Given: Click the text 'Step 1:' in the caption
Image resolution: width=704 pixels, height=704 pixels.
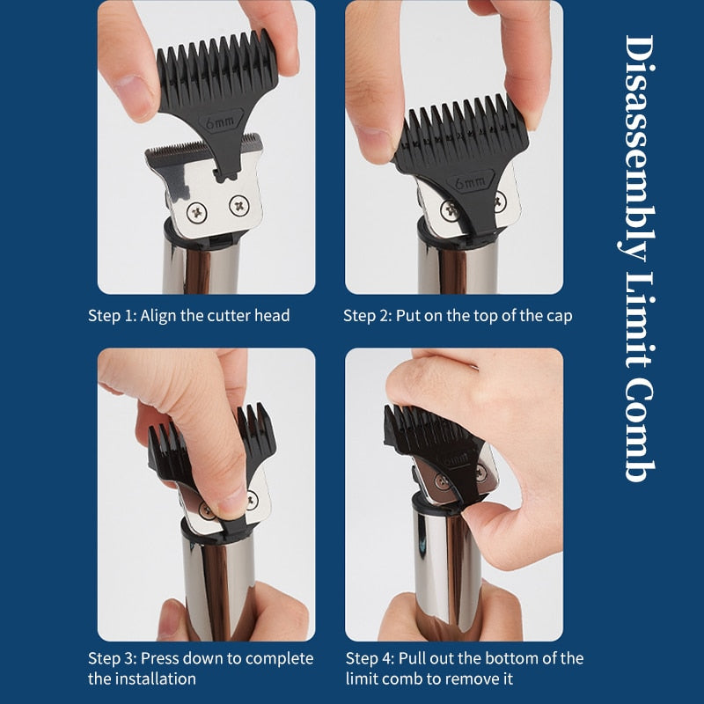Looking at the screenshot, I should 112,315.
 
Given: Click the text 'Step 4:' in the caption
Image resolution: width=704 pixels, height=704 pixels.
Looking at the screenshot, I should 370,658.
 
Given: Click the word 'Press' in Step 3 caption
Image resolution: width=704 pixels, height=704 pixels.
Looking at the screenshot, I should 160,658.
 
